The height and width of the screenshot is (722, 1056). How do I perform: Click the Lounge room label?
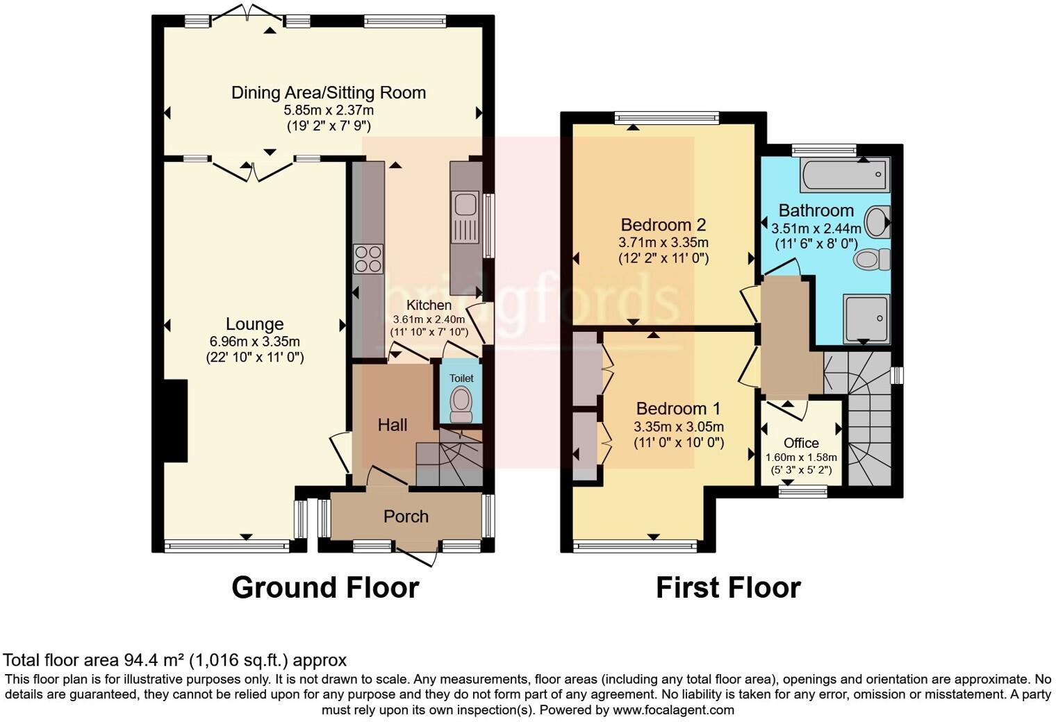(x=254, y=324)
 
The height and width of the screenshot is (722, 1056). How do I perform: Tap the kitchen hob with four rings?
(x=368, y=259)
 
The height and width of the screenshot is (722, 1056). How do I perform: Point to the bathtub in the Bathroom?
(x=844, y=174)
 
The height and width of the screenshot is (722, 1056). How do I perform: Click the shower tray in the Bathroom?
(x=866, y=319)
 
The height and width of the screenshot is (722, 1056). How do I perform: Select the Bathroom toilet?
(x=871, y=260)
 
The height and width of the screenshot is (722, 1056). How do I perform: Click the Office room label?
(x=801, y=443)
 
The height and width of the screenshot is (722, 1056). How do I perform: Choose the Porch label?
(x=406, y=517)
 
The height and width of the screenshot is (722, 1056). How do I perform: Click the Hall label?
(x=393, y=425)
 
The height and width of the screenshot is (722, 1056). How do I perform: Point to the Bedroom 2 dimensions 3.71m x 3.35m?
(x=663, y=243)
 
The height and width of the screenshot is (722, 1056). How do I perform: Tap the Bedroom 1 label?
(x=678, y=409)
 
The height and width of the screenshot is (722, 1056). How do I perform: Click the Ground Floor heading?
(x=324, y=587)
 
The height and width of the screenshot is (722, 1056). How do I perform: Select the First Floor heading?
(x=728, y=587)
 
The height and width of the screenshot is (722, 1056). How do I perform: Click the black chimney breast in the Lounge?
(x=175, y=421)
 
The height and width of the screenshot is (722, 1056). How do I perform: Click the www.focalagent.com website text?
(x=673, y=710)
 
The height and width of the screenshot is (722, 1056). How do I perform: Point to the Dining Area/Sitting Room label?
(x=328, y=93)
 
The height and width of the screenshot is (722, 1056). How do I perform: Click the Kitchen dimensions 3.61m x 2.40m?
(x=429, y=319)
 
